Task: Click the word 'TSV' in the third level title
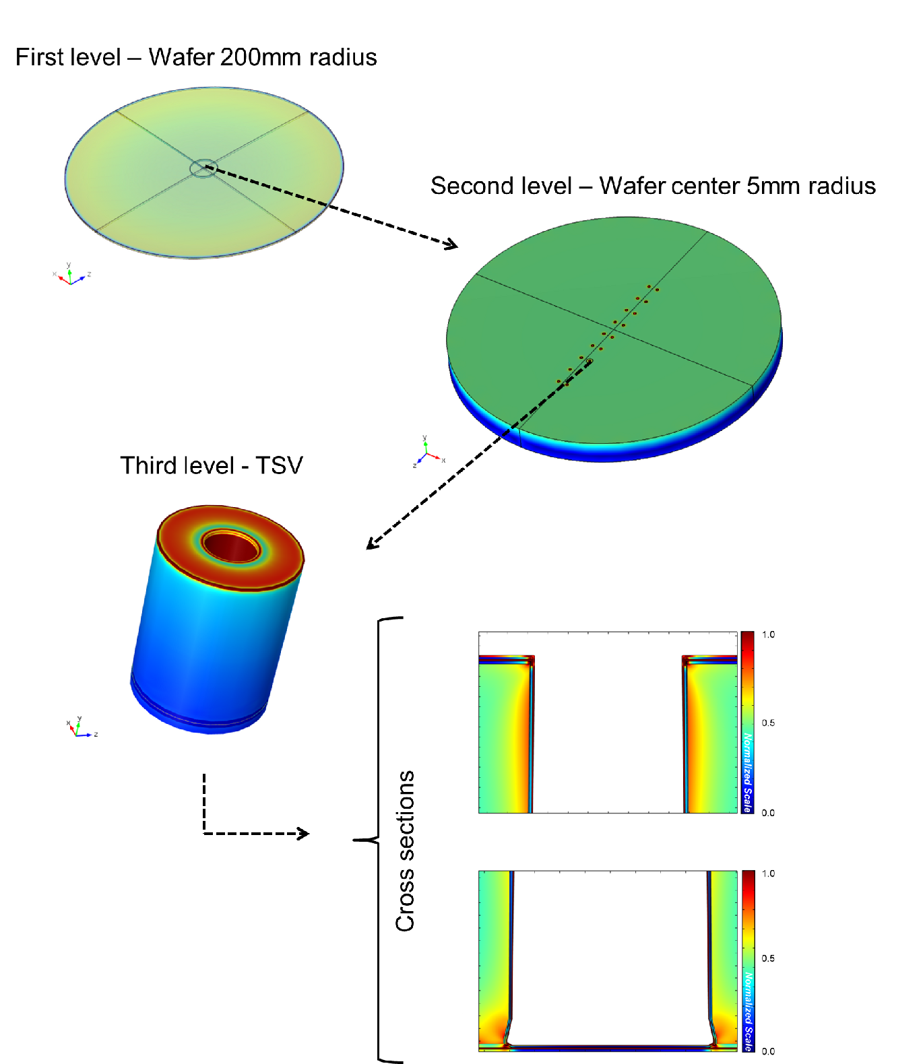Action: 279,466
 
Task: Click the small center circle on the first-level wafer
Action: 203,168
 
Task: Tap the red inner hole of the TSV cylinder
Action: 231,546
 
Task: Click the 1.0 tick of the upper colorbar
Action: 768,634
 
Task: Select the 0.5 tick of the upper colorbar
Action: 768,723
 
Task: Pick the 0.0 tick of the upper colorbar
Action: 768,813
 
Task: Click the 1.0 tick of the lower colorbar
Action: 768,873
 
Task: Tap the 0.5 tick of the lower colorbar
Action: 768,958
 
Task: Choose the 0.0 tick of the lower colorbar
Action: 768,1051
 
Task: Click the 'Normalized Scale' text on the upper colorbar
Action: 747,773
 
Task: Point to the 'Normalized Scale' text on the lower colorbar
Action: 748,1010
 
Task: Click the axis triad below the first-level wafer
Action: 70,276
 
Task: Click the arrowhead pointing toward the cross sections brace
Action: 304,834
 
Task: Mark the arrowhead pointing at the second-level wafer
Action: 452,245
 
